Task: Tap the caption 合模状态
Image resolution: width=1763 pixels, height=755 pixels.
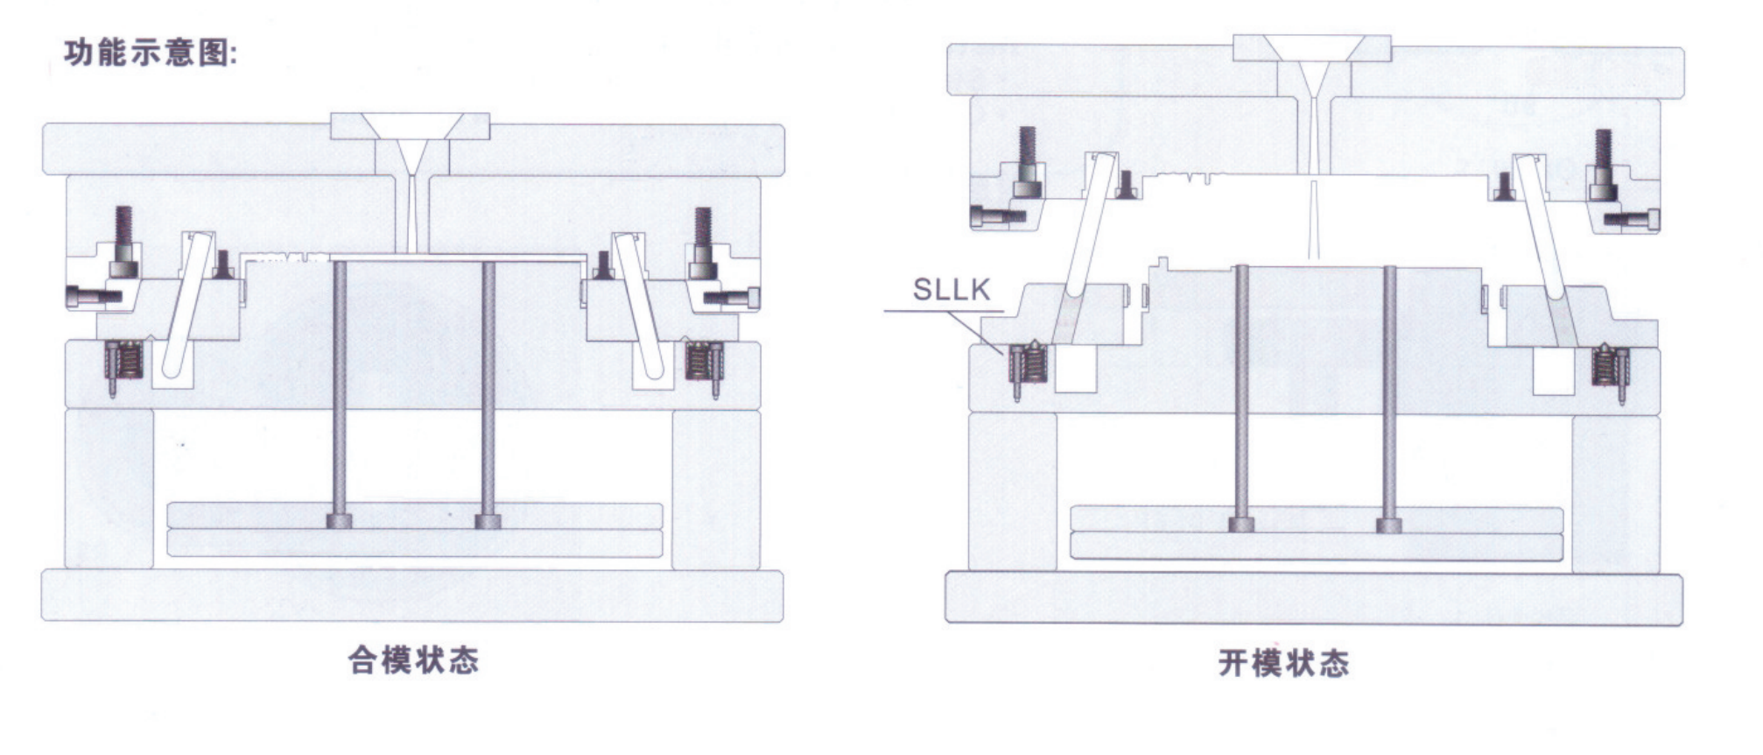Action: click(x=413, y=660)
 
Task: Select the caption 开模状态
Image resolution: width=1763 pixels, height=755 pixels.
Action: click(x=1283, y=663)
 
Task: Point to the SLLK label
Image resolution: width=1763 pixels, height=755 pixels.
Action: click(x=952, y=289)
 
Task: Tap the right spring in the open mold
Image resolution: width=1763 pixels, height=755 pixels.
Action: click(x=1609, y=365)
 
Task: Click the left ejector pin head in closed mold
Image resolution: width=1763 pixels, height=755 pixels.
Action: click(x=339, y=521)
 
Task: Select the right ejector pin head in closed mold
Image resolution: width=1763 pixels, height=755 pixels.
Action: click(x=488, y=521)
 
